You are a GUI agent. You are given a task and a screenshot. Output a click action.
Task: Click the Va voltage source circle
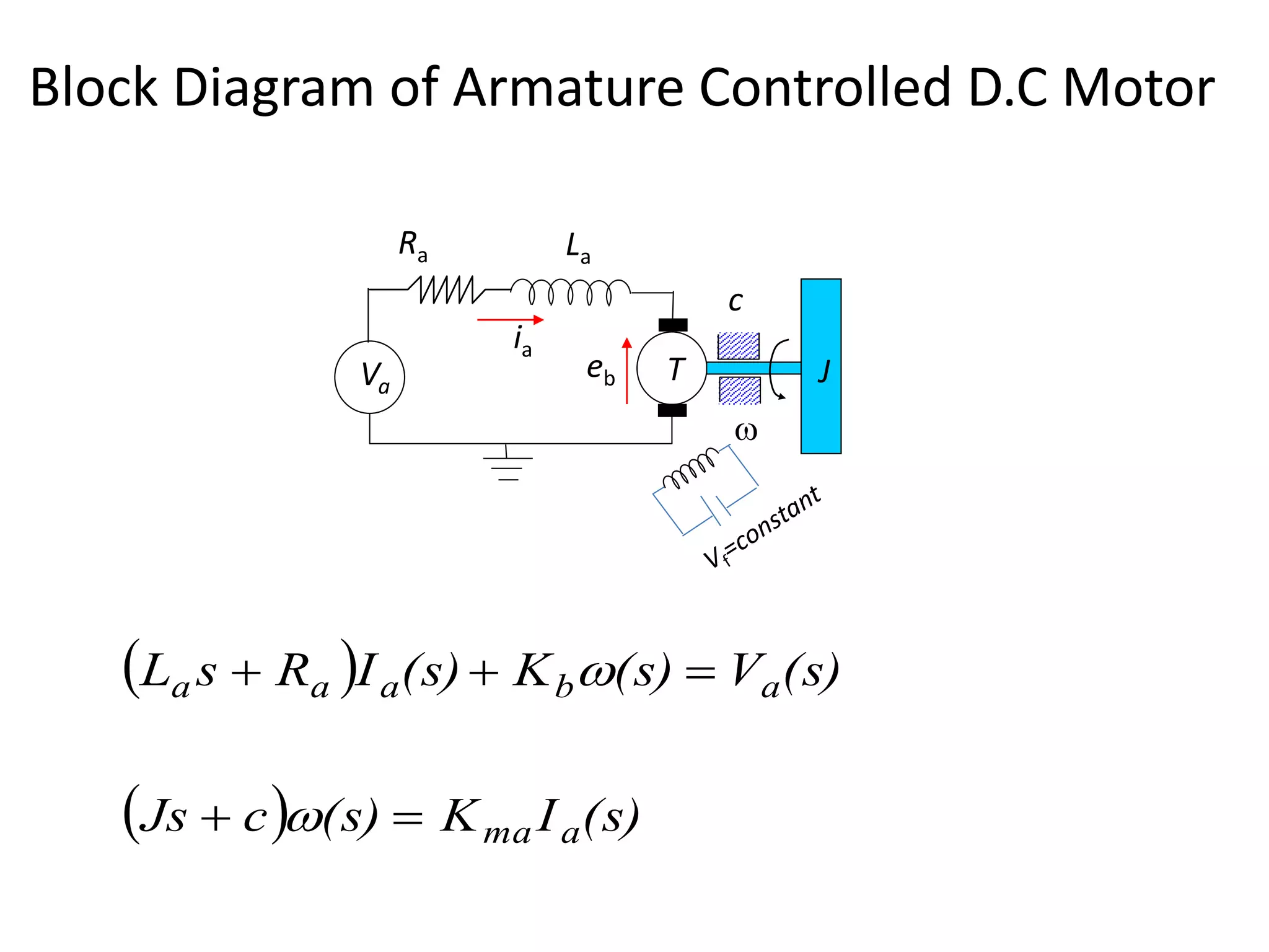tap(369, 377)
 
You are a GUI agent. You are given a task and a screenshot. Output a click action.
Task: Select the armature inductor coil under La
tap(570, 291)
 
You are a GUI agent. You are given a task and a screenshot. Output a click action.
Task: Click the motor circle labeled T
tap(672, 368)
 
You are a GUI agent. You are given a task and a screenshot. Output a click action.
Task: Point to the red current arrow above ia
tap(510, 320)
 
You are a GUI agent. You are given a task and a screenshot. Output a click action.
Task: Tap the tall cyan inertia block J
tap(820, 366)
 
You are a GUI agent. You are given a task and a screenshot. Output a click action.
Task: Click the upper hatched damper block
tap(738, 346)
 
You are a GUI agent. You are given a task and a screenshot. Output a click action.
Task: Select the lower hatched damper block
tap(739, 390)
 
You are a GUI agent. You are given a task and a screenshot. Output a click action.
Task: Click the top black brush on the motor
tap(673, 325)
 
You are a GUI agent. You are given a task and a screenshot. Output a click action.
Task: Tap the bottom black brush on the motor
tap(672, 410)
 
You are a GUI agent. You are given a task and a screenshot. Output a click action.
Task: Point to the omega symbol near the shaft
tap(746, 431)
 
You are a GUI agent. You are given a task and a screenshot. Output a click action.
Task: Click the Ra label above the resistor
tap(413, 246)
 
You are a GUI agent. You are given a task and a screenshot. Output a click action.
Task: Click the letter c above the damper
tap(735, 302)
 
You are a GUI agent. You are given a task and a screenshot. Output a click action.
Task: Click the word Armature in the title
tap(568, 87)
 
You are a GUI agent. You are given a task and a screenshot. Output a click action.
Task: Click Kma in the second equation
tap(486, 821)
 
